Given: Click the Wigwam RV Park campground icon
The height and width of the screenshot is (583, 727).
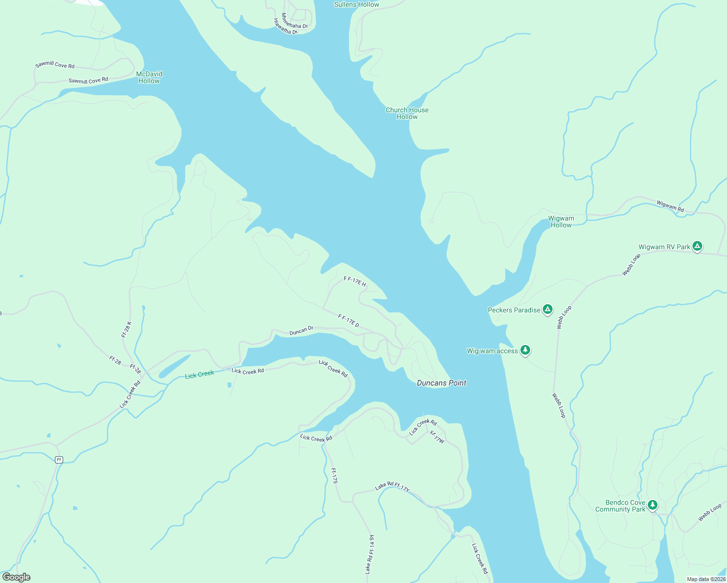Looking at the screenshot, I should [697, 246].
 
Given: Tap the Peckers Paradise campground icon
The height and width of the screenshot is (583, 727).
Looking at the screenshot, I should [548, 309].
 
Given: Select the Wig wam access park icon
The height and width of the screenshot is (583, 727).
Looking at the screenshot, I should [525, 350].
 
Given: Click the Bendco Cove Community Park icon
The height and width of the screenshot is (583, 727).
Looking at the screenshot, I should [653, 505].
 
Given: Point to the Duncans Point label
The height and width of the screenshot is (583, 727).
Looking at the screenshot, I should [441, 383].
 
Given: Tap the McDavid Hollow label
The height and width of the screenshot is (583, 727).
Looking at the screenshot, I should [149, 77].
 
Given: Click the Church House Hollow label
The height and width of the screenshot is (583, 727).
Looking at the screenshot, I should [407, 113].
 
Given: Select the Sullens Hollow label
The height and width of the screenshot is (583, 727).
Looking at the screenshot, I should [357, 4].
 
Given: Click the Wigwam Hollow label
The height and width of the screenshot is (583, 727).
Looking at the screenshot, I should [561, 222].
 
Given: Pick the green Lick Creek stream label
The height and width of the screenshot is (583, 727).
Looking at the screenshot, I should [199, 375].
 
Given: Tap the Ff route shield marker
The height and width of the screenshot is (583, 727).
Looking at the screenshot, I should [59, 460].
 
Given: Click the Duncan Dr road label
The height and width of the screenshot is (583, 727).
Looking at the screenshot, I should [301, 331].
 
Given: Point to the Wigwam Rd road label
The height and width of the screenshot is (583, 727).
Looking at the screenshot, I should [670, 206].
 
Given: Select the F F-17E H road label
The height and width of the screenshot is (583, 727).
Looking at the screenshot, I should [355, 281].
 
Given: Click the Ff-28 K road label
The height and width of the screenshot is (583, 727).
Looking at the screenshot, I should [126, 329].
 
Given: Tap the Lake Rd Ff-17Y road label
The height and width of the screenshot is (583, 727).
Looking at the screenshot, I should [392, 486].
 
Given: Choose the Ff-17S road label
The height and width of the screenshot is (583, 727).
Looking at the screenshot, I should [334, 475].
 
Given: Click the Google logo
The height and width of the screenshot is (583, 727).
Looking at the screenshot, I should [16, 577].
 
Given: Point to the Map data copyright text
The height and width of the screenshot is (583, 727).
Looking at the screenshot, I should [706, 579].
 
